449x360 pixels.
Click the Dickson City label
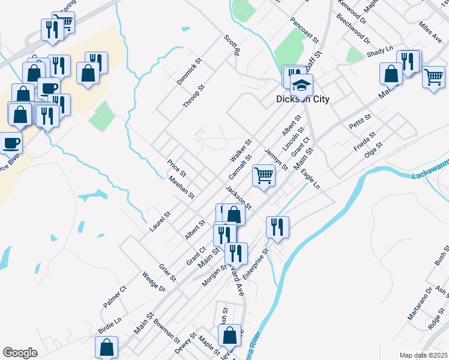click(303, 100)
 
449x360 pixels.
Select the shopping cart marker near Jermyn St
click(264, 176)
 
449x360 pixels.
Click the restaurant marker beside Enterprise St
click(277, 227)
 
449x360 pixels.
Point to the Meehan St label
click(181, 188)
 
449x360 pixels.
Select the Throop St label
click(194, 97)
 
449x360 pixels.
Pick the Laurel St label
click(161, 221)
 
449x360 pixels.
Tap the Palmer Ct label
click(115, 297)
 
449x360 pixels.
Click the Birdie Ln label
click(110, 326)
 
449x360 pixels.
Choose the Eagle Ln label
click(311, 179)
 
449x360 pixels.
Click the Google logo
click(20, 353)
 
